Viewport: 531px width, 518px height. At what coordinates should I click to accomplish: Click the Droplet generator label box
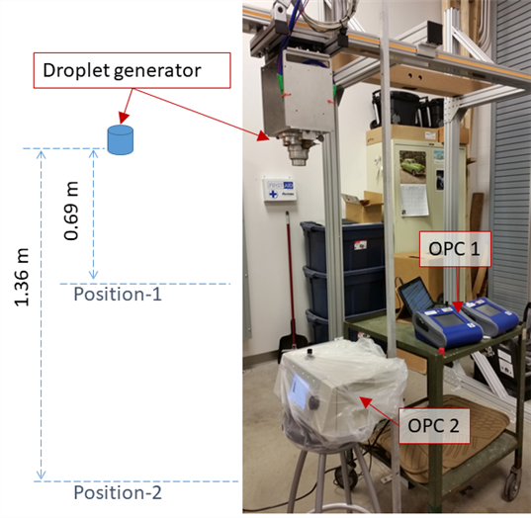coord(133,70)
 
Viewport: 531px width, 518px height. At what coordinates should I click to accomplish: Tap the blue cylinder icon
coord(121,139)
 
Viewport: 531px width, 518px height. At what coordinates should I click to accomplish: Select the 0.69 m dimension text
coord(71,211)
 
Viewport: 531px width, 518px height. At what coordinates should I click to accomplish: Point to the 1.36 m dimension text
coord(22,277)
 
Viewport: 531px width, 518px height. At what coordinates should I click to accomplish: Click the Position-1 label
coord(118,294)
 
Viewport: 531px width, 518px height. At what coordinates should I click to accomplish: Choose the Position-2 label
coord(118,492)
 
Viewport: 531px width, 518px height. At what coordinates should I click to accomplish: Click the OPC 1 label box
coord(455,249)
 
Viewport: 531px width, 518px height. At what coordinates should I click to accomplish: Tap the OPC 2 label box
coord(434,426)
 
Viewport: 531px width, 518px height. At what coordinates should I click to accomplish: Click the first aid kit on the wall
coord(279,190)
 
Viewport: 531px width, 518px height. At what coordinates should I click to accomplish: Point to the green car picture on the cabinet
coord(412,167)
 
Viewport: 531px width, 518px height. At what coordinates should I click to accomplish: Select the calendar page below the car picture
coord(414,200)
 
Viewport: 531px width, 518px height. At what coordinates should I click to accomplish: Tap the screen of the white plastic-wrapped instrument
coord(299,391)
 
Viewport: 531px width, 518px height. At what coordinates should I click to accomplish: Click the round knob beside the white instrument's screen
coord(314,402)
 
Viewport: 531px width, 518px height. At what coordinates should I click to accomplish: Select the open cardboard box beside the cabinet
coord(362,207)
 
